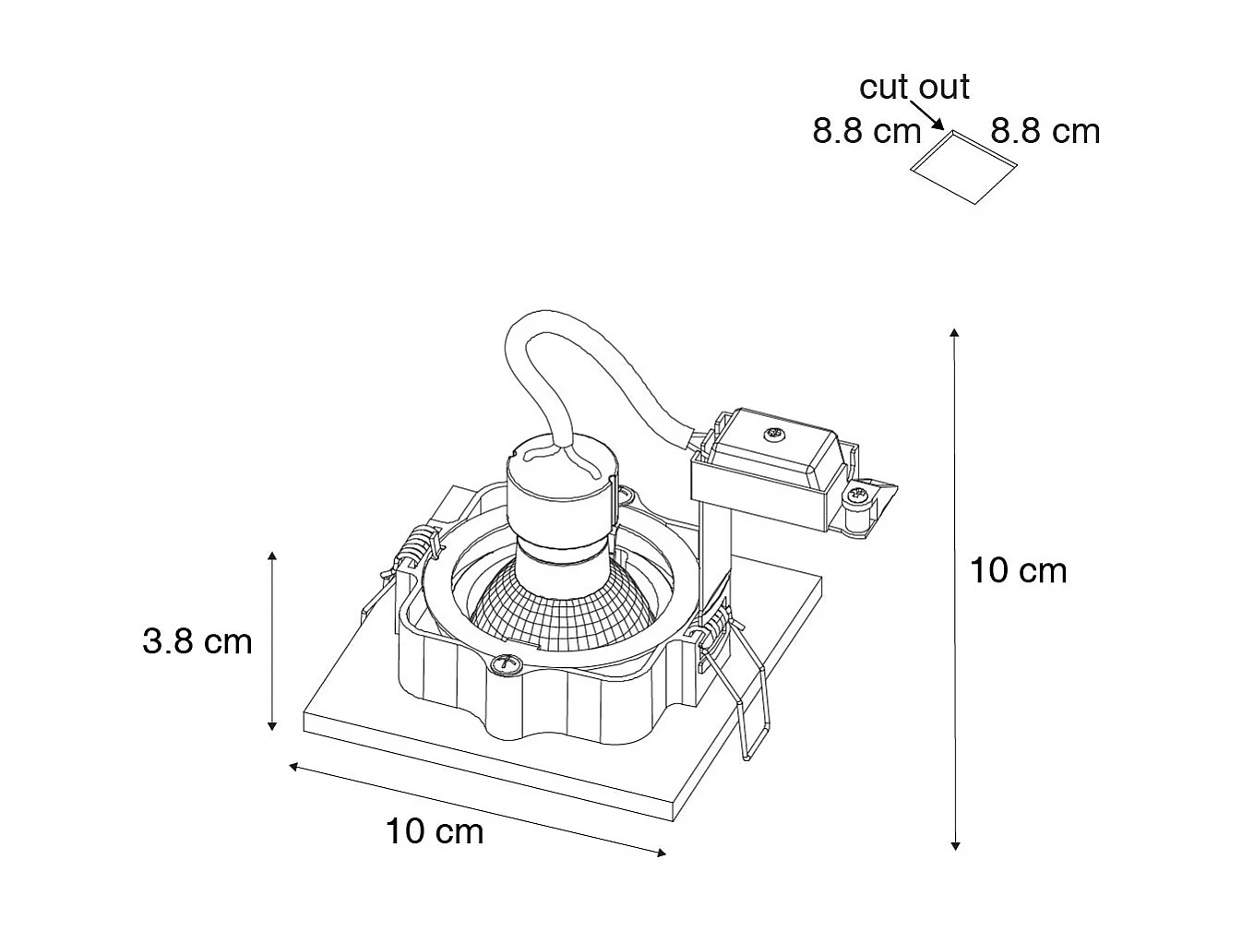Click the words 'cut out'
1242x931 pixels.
pyautogui.click(x=914, y=87)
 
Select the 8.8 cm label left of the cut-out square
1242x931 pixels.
pyautogui.click(x=866, y=131)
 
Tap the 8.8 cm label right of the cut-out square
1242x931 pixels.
pyautogui.click(x=1045, y=131)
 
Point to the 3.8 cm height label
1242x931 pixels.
pyautogui.click(x=197, y=640)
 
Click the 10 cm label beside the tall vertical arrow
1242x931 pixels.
pyautogui.click(x=1018, y=570)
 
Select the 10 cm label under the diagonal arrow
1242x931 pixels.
pyautogui.click(x=434, y=831)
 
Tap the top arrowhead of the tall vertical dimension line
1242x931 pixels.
pyautogui.click(x=955, y=331)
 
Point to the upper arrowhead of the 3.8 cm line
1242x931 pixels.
pyautogui.click(x=272, y=556)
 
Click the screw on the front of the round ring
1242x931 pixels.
pyautogui.click(x=505, y=663)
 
